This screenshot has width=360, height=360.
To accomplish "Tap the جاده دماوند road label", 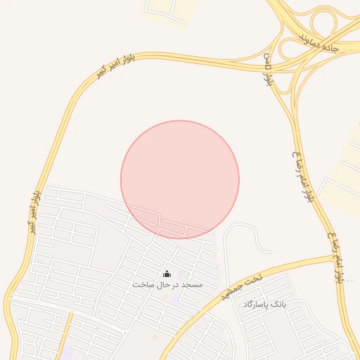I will coord(319,40).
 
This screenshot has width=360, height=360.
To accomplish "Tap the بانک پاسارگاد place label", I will coord(265,304).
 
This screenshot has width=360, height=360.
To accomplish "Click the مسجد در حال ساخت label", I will coord(167,285).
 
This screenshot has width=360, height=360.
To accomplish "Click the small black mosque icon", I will coord(167,274).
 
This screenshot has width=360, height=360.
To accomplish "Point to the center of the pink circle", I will coord(180,179).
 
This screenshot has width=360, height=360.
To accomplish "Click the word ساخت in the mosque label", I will coord(142,285).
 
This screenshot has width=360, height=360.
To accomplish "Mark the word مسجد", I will coord(191,285).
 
